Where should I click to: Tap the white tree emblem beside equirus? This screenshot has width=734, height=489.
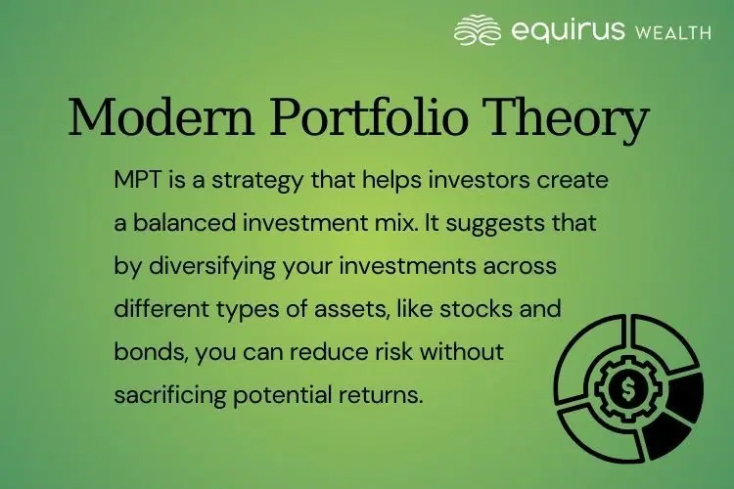[479, 30]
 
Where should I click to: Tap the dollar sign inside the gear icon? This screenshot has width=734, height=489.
[622, 389]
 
